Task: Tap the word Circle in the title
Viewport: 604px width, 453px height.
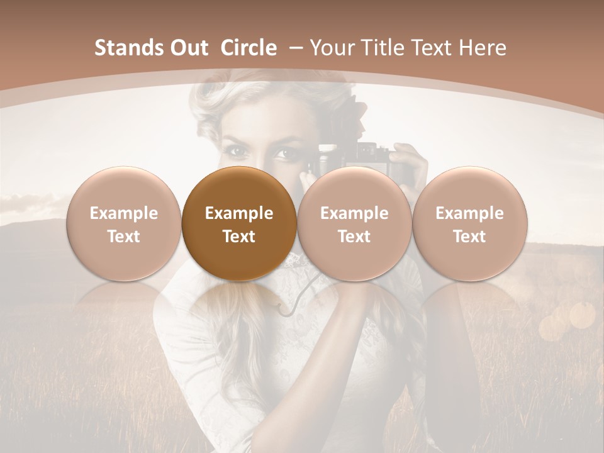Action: coord(249,48)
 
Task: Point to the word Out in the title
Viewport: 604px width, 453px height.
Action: coord(189,48)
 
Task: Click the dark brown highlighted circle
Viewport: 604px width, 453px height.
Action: coord(238,223)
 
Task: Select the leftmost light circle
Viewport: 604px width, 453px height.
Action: coord(123,223)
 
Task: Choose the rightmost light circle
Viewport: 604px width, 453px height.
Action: coord(469,223)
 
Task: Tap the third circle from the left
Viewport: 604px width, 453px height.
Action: coord(354,223)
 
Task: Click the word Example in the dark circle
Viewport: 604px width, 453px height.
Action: coord(238,213)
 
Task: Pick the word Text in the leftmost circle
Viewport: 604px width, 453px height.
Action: coord(123,237)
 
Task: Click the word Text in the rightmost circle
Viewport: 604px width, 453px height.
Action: coord(469,237)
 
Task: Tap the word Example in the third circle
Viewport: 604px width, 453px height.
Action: coord(354,213)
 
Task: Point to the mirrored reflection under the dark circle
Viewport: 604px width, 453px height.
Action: coord(238,308)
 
